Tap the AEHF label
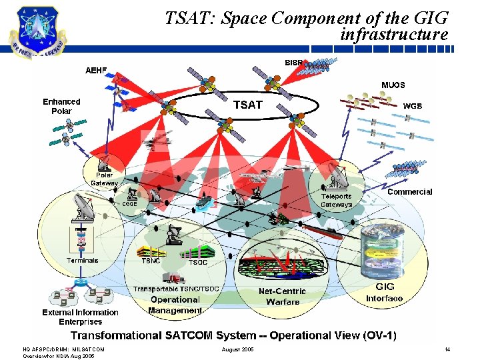96,71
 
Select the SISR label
294,63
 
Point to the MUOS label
393,85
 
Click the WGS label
413,106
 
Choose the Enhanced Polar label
61,106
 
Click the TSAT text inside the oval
247,105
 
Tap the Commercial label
409,192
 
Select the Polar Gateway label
104,179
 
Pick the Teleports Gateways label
337,201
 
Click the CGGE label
129,204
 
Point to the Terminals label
82,261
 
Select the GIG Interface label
385,293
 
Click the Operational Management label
175,305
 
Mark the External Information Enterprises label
80,317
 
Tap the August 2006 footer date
238,349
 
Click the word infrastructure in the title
394,34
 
